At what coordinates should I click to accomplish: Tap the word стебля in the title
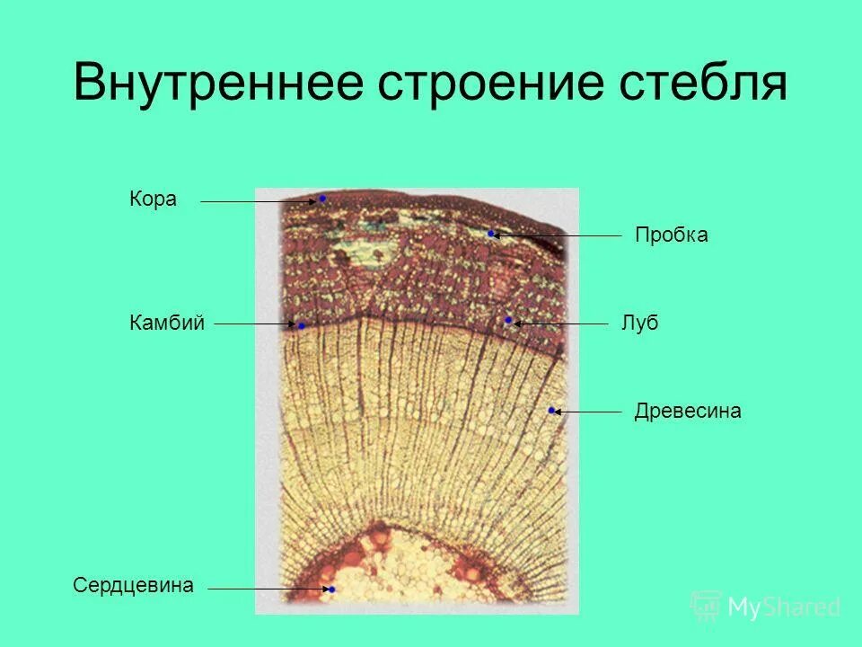point(703,84)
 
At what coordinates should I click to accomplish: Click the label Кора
point(153,199)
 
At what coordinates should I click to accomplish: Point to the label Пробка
point(671,235)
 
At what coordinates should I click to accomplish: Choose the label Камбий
point(168,323)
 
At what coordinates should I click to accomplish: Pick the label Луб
point(639,323)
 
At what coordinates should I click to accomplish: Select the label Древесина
point(687,412)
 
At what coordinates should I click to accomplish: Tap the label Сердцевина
point(133,585)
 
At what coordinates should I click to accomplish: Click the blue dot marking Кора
point(321,198)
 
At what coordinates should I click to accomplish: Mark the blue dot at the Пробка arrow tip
point(491,234)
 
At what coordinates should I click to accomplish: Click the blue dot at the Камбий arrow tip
point(302,325)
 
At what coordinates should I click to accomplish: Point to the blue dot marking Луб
point(508,320)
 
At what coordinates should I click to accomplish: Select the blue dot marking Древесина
point(551,411)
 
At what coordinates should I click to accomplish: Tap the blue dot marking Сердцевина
point(331,589)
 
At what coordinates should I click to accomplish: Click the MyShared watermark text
point(783,607)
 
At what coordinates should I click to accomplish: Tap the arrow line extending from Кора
point(256,202)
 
